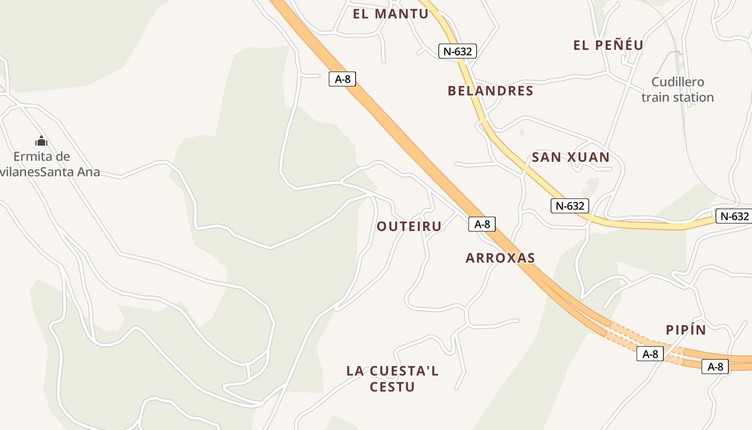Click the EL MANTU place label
[391, 14]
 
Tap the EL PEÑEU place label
[608, 45]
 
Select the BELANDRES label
[490, 91]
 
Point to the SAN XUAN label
[570, 157]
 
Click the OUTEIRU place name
[409, 226]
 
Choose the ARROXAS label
[500, 258]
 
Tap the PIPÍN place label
[686, 330]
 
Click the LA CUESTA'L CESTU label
[393, 378]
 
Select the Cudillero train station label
[677, 90]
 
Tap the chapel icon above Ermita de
[41, 141]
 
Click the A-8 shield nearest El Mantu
[343, 80]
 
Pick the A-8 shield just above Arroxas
[482, 224]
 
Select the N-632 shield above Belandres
[458, 52]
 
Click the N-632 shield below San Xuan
[570, 205]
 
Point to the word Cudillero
[677, 82]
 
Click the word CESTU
[393, 387]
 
